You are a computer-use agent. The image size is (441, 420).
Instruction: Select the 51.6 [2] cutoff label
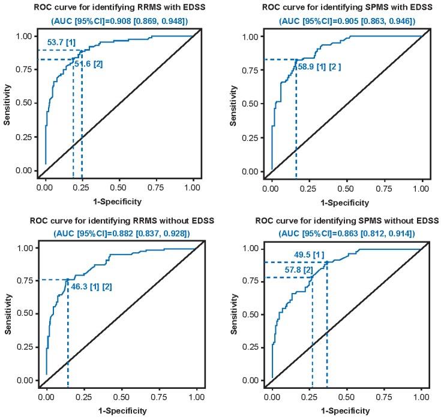(88, 64)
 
